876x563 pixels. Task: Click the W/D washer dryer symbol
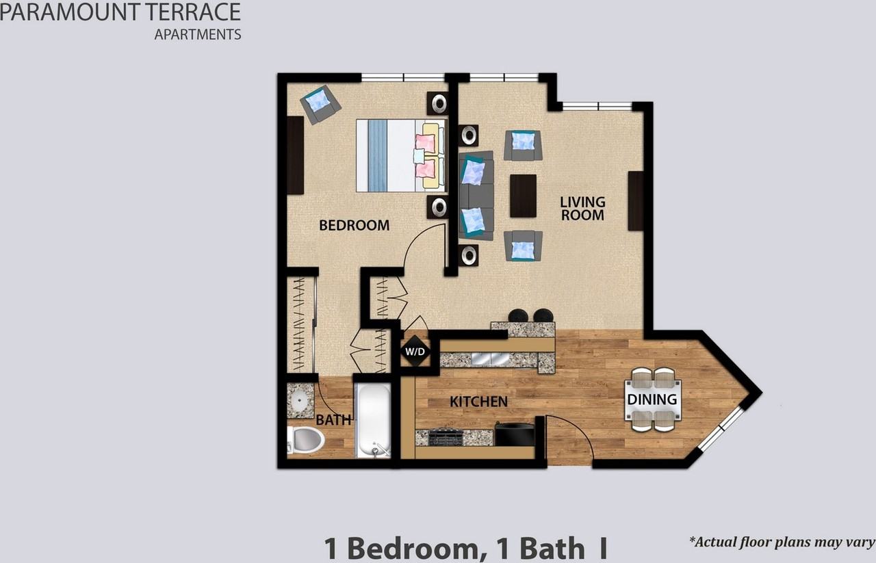point(415,352)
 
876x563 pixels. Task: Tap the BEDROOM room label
point(354,225)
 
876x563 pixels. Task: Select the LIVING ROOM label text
point(582,208)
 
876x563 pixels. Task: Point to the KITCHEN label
point(478,402)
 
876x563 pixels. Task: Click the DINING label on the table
point(652,400)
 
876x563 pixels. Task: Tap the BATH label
point(333,420)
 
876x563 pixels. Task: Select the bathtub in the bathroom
point(374,419)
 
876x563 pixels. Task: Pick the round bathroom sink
point(299,400)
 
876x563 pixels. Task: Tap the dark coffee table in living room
point(523,196)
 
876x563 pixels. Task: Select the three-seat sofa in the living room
point(476,196)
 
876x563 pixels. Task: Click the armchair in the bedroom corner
point(319,103)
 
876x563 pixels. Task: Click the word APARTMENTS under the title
point(197,34)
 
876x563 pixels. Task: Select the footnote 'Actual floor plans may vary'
point(782,542)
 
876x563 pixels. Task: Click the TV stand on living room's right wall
point(635,200)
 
